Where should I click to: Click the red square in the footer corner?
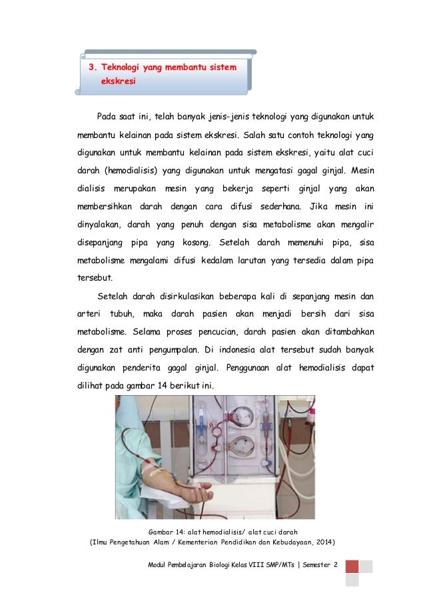tap(352, 566)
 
